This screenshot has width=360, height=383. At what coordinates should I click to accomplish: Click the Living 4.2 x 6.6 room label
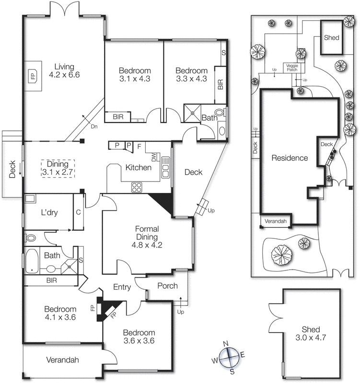point(64,71)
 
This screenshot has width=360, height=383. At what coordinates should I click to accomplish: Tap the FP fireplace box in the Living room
point(33,77)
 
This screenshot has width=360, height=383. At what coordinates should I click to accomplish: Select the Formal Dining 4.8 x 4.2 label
point(147,237)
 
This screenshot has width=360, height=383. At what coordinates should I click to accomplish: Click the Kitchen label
point(138,168)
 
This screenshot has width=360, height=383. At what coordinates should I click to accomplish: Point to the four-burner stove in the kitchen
point(137,187)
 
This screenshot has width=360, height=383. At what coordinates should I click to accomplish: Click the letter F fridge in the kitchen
point(139,146)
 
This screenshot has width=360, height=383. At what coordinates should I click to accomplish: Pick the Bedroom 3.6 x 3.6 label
point(139,337)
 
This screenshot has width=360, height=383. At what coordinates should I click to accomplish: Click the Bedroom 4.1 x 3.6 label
point(60,313)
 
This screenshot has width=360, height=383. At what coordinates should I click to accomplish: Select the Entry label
point(122,287)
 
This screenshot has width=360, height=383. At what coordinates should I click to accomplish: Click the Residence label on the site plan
point(290,158)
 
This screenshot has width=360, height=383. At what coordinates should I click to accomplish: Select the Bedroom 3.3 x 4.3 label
point(191,75)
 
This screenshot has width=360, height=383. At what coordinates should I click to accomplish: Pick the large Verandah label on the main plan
point(62,360)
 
